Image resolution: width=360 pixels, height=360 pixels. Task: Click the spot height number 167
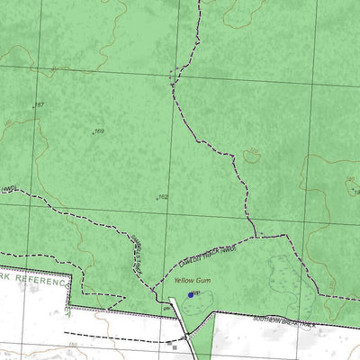(39, 105)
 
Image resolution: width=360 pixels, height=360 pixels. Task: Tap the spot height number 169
(99, 131)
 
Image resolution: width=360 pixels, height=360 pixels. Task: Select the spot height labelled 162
(164, 196)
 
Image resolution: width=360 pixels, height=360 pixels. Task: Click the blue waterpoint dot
(190, 294)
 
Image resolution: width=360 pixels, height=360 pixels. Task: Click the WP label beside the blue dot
(196, 293)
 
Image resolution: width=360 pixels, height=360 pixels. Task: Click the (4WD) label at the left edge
(9, 189)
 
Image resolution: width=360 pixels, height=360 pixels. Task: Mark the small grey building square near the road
(173, 342)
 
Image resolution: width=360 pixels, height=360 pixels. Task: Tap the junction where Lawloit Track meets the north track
(256, 237)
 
